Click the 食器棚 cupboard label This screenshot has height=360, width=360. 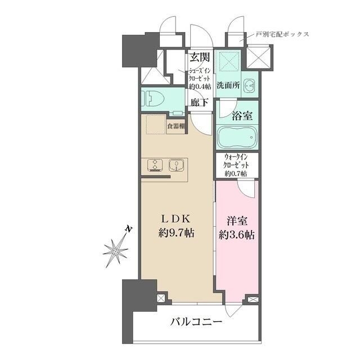pos(176,126)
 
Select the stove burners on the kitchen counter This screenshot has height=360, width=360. pos(155,165)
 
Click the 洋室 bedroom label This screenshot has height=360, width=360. pos(236,221)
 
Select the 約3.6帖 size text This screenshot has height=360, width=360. pos(236,235)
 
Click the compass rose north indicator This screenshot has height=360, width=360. pos(117,249)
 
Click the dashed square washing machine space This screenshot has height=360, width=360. pos(229,61)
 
